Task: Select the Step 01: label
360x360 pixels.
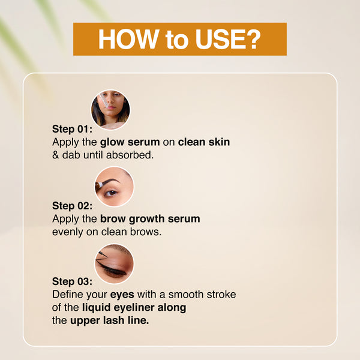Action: [73, 129]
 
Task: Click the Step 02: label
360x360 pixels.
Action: [73, 206]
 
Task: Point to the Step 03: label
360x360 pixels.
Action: [73, 281]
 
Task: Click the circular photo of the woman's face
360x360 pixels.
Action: [110, 110]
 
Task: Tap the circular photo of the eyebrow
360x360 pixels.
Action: [115, 187]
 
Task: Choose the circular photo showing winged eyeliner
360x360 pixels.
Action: [115, 263]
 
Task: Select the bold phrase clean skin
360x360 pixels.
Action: [204, 142]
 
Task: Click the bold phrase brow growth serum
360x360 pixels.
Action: [151, 219]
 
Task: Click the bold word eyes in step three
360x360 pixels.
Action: [122, 295]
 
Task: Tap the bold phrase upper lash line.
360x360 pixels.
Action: [110, 321]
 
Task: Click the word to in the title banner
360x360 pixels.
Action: [172, 39]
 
